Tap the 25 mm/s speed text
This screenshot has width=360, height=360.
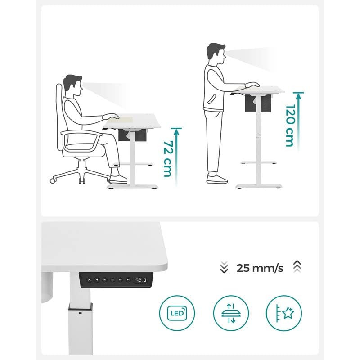click(x=260, y=269)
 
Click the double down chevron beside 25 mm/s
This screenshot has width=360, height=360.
click(x=224, y=268)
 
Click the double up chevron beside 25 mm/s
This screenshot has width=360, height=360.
click(x=296, y=267)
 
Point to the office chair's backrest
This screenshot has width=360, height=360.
click(x=58, y=117)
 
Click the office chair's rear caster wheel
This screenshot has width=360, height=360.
click(x=53, y=180)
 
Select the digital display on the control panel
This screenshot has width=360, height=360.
click(x=142, y=280)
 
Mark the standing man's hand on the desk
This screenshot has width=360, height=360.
click(x=252, y=85)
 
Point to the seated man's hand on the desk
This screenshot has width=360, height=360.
click(x=111, y=116)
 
